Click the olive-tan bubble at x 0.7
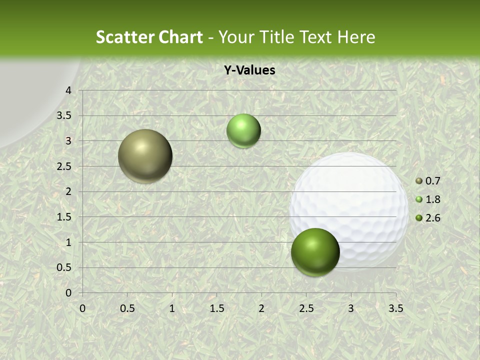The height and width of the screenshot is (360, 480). pyautogui.click(x=145, y=156)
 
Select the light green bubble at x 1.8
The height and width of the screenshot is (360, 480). pyautogui.click(x=243, y=130)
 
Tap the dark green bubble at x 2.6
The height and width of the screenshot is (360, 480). pyautogui.click(x=315, y=252)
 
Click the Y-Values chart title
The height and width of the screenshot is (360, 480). pyautogui.click(x=249, y=70)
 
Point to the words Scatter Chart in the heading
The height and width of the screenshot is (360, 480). pyautogui.click(x=149, y=37)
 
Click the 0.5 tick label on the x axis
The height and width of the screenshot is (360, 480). pyautogui.click(x=127, y=308)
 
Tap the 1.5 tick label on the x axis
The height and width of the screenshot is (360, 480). pyautogui.click(x=216, y=308)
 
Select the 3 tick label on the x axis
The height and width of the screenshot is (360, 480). pyautogui.click(x=351, y=308)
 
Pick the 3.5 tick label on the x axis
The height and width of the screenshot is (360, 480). pyautogui.click(x=395, y=308)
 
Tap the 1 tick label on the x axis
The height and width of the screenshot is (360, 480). pyautogui.click(x=172, y=308)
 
